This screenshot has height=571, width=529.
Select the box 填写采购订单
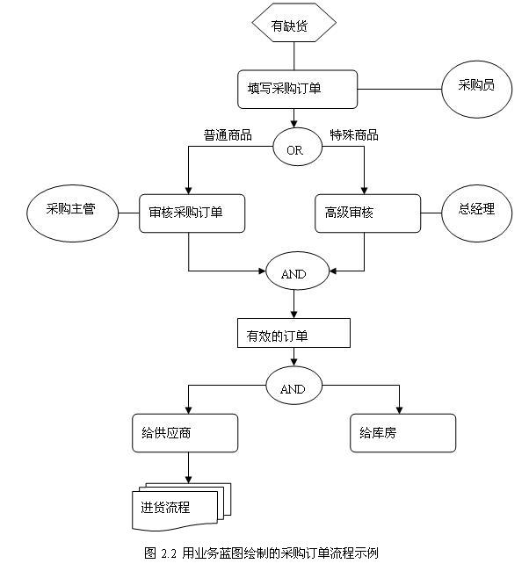point(297,89)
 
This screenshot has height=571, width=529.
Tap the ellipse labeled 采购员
point(475,88)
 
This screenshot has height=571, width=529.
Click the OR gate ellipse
point(294,150)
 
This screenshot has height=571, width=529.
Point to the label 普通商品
point(228,134)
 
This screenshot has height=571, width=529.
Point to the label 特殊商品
point(354,134)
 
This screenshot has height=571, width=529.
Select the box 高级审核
point(367,213)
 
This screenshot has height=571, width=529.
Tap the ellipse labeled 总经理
point(476,212)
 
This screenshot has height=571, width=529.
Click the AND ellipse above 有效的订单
point(293,273)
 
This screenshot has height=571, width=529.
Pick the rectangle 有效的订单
point(293,335)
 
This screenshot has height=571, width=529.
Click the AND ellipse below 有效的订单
point(293,388)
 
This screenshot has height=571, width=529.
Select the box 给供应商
point(185,433)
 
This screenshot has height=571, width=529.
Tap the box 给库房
point(402,433)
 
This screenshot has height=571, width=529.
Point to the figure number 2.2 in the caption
point(170,553)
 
